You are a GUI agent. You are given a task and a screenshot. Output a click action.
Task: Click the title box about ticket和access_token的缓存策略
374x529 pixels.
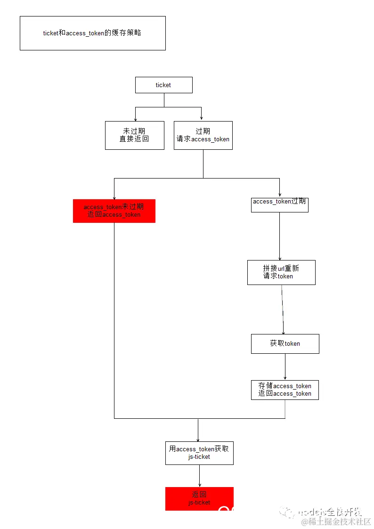coord(93,33)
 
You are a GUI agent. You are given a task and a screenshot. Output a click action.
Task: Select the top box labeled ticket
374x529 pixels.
coord(163,85)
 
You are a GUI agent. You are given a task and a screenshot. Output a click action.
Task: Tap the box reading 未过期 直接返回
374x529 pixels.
coord(134,135)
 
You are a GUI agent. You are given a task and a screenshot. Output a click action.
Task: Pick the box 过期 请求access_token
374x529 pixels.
coord(203,135)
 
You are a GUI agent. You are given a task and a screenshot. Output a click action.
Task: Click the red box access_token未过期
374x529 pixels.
coord(114,211)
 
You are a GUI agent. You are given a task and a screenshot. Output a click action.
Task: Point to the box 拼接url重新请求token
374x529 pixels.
coord(281,272)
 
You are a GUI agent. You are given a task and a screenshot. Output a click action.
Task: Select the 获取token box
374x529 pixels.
coord(285,343)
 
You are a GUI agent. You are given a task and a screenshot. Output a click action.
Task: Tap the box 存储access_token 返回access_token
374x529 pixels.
coord(285,390)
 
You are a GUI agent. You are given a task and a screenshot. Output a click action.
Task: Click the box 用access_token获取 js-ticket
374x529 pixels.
coord(199,453)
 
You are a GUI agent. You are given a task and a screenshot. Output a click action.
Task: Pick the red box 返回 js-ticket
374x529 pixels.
coord(199,498)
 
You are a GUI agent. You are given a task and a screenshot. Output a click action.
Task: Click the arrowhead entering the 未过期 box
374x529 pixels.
coord(136,119)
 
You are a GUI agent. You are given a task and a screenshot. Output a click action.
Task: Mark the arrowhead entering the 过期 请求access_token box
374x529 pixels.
coord(202,119)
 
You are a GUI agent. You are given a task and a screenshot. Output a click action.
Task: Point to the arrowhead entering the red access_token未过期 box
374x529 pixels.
coord(114,197)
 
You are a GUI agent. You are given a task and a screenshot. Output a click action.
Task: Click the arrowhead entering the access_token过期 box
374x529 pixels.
coord(280,195)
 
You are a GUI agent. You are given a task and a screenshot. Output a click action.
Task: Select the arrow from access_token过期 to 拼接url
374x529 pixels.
coord(279,236)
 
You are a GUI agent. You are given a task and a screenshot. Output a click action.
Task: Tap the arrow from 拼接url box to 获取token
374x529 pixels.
coord(283,309)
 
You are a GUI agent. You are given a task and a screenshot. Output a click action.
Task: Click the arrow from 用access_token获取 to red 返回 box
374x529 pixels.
coord(199,476)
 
